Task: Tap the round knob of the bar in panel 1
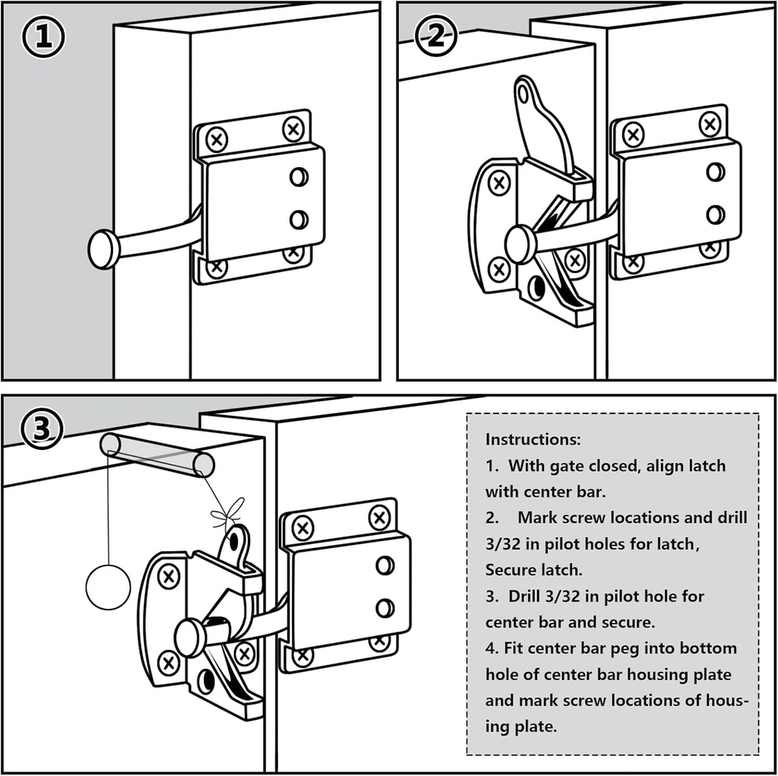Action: (104, 249)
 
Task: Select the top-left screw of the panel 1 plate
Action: (217, 140)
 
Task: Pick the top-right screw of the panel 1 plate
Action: (293, 128)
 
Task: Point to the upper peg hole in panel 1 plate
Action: (299, 177)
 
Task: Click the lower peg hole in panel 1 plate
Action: (299, 220)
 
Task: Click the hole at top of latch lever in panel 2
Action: (523, 93)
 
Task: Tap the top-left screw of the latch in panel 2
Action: (498, 183)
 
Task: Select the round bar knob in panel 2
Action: (520, 245)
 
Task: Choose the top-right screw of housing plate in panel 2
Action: (710, 123)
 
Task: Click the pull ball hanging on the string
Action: (108, 588)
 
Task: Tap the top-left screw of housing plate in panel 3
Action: (302, 527)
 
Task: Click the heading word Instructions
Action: (533, 439)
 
